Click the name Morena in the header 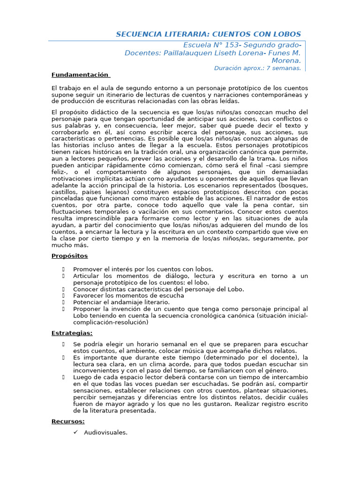(x=286, y=60)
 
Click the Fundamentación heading (x=80, y=75)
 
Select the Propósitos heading (x=69, y=256)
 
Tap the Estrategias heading (x=72, y=333)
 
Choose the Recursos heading (x=68, y=421)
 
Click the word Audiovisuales (x=105, y=432)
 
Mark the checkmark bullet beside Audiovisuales (x=76, y=432)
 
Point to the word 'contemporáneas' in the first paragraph (x=277, y=95)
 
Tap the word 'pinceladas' (x=67, y=199)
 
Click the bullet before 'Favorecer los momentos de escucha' (x=63, y=296)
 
